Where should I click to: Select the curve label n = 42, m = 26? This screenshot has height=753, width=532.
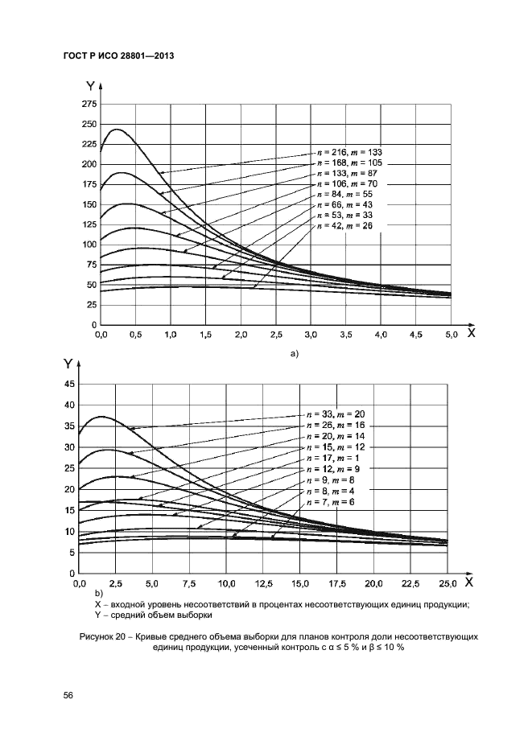(345, 226)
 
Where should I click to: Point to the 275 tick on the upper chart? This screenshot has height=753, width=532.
(89, 105)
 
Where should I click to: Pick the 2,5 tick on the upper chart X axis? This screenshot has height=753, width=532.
(275, 333)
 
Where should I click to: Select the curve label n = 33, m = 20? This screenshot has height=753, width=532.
(341, 414)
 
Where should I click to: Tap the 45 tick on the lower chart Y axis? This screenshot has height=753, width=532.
(69, 385)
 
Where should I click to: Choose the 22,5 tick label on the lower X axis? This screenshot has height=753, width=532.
(410, 582)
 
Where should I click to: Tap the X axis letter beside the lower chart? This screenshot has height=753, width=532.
(469, 581)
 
